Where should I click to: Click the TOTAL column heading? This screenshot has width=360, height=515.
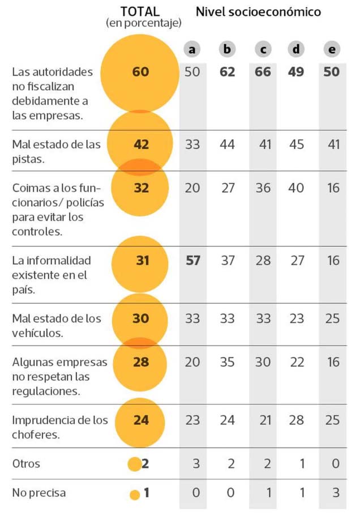point(140,11)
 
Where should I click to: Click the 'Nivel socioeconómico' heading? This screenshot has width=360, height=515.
point(258,11)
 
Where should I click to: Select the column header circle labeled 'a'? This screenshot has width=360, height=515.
point(192,49)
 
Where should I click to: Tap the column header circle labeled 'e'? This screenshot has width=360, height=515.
point(332,49)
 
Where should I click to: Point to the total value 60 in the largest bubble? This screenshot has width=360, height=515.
point(140,72)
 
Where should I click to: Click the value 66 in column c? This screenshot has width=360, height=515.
point(263,72)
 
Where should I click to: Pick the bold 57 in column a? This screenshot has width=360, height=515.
point(192,260)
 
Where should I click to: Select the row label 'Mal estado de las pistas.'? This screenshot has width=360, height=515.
point(56,151)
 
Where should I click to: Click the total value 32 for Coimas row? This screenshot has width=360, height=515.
point(140,188)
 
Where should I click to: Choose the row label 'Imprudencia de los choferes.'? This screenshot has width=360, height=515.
point(59,427)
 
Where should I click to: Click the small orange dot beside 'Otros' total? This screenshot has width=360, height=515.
point(134,464)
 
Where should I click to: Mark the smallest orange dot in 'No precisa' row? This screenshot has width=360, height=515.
point(134,494)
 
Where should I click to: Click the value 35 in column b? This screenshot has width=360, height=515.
point(227,362)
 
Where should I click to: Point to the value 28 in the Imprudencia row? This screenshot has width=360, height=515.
point(297,420)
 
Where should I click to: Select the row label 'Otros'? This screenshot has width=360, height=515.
point(26,463)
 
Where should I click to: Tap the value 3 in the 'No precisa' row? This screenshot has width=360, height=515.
point(335,493)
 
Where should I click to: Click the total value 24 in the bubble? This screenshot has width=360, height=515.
point(140,420)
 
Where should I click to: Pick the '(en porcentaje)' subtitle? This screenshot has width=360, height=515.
point(143,23)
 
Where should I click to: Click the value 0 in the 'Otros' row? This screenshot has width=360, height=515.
point(335,463)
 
